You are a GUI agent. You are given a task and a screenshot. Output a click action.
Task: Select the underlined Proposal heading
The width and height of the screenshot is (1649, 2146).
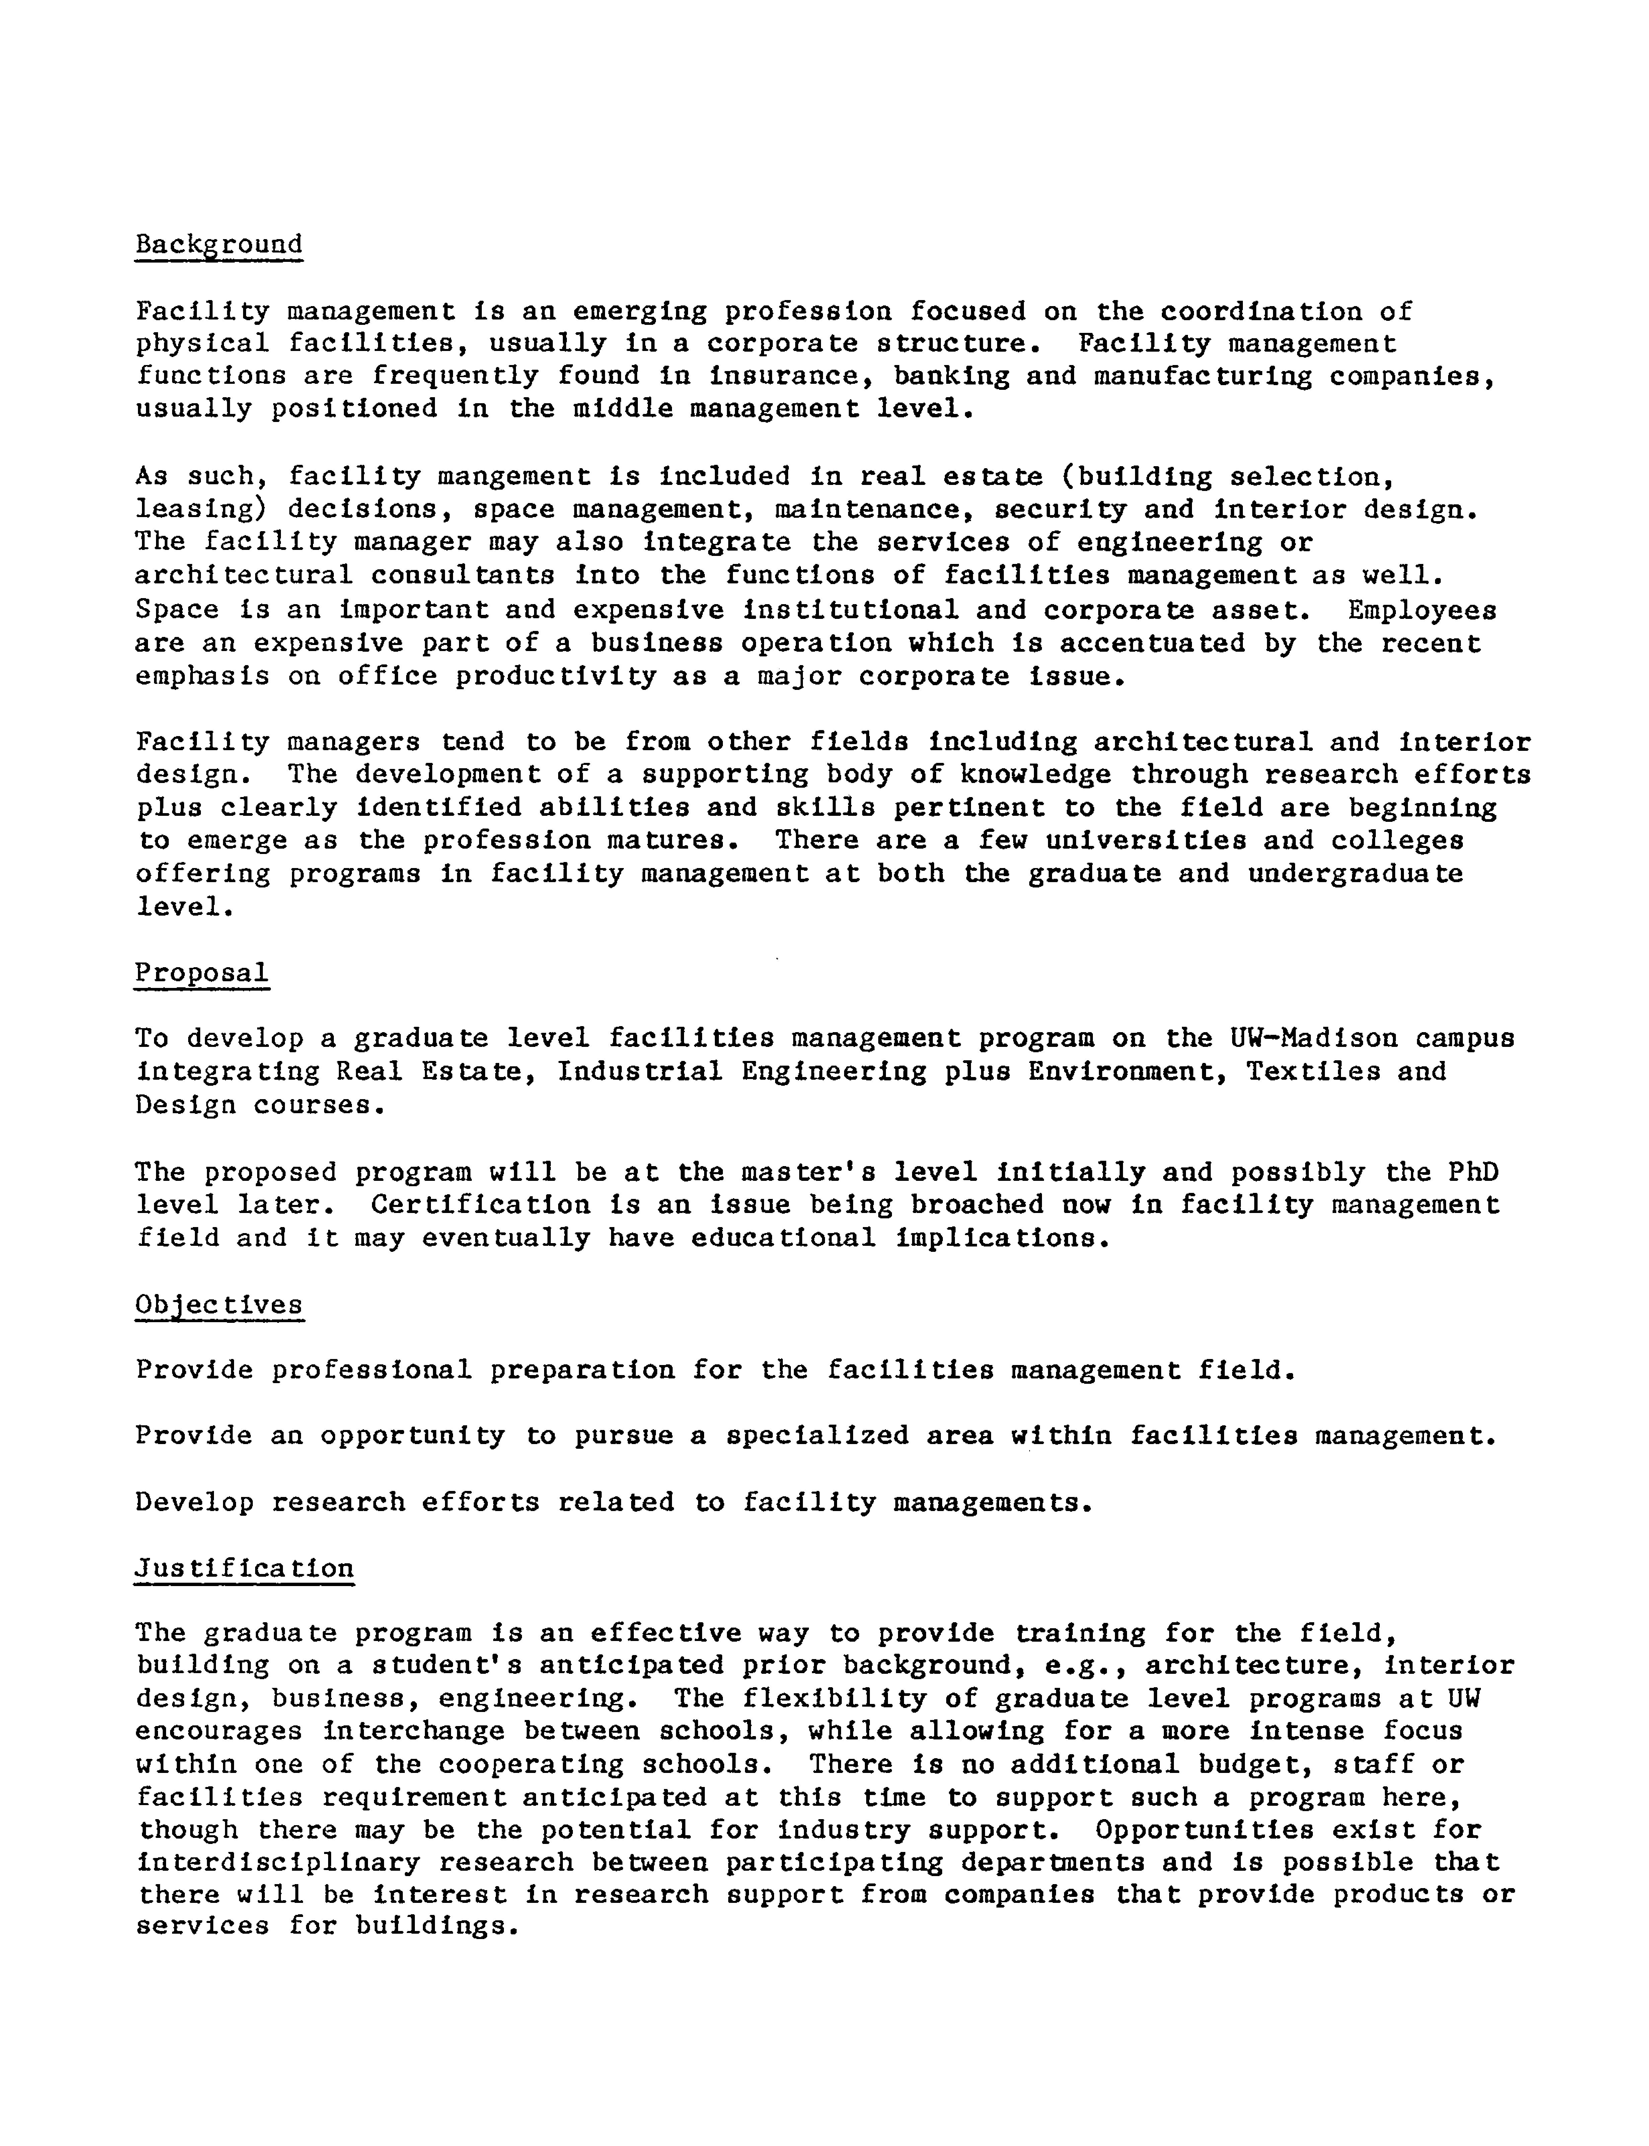point(201,973)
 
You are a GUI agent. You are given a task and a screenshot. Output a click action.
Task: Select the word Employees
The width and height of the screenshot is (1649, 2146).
point(1421,611)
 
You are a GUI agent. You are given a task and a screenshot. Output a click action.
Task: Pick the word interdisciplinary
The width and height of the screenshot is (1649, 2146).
point(279,1863)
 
